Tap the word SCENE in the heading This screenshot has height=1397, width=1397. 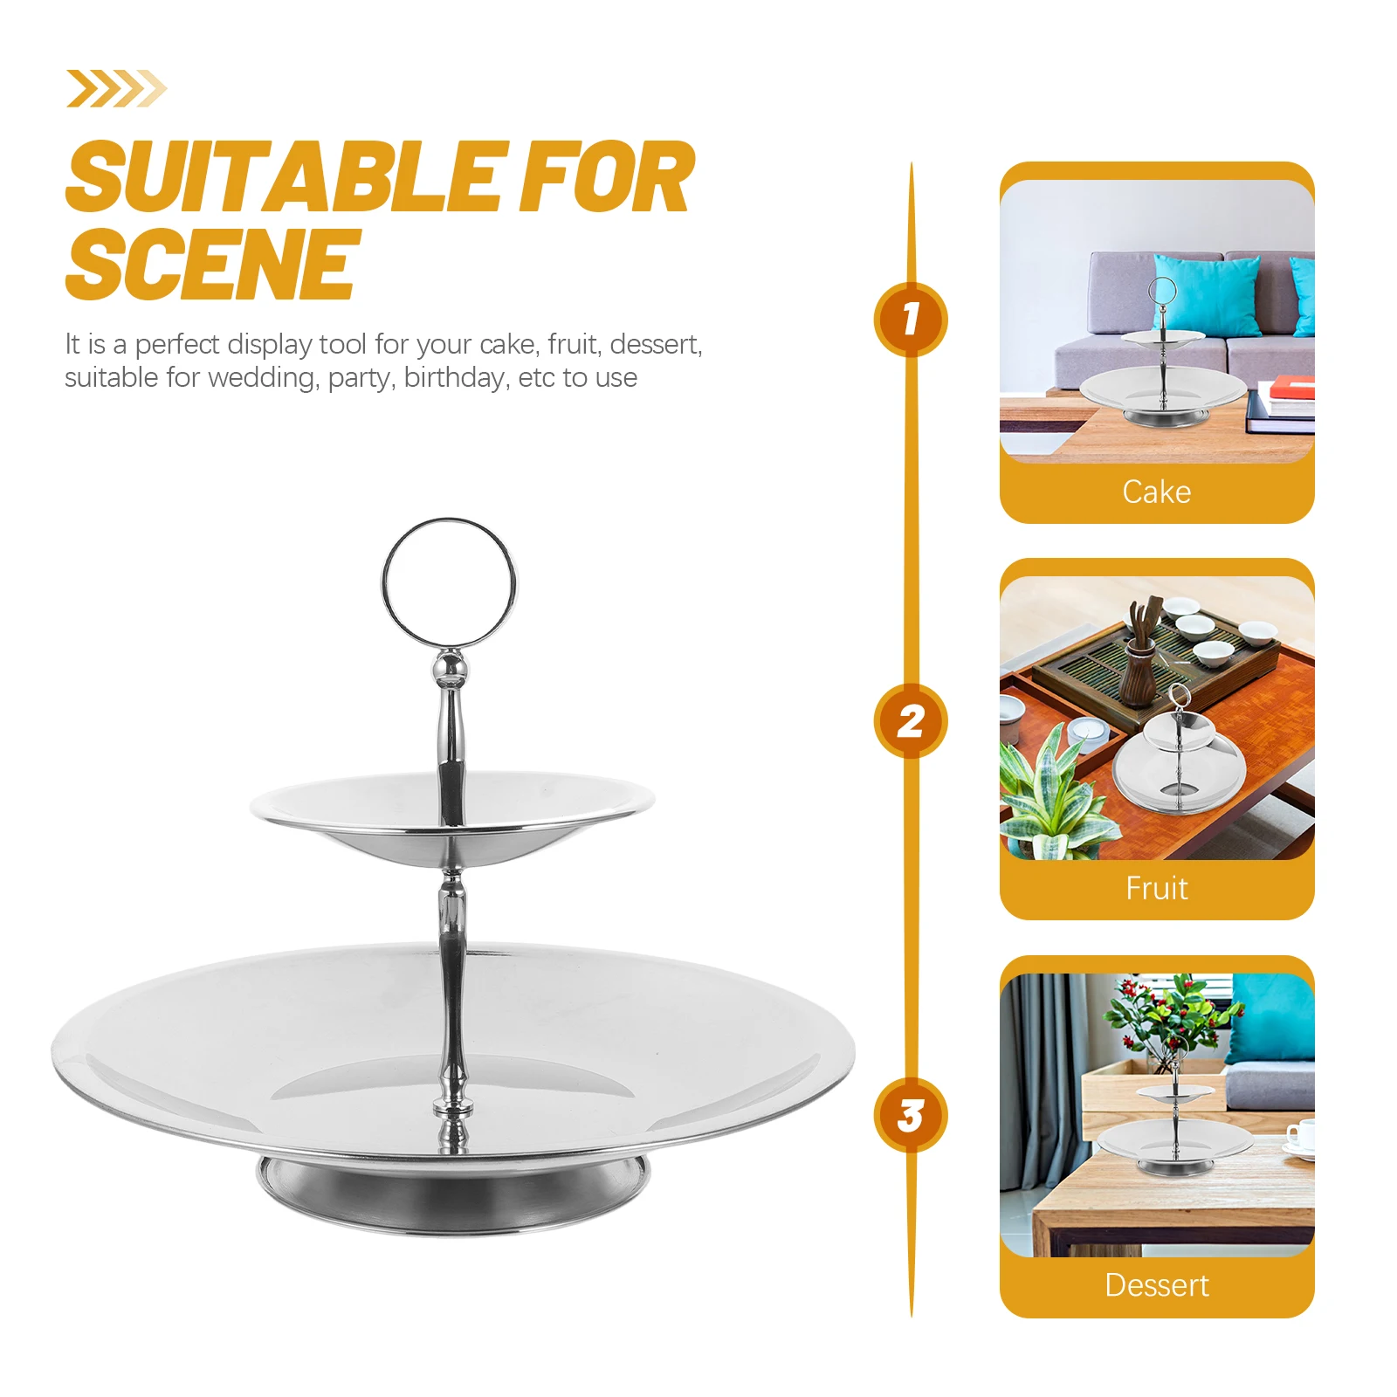[x=212, y=264]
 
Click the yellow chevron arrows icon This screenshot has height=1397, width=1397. [x=116, y=89]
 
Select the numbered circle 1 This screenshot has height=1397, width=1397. [x=911, y=319]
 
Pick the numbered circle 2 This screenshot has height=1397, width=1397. [x=911, y=721]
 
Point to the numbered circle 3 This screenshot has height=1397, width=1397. [x=911, y=1115]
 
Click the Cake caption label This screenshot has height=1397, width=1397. [x=1156, y=492]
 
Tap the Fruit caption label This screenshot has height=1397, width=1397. [x=1156, y=889]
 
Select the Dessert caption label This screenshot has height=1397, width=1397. [x=1156, y=1285]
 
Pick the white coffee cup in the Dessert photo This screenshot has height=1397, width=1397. [x=1301, y=1135]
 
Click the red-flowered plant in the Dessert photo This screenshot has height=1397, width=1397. [x=1170, y=1017]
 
